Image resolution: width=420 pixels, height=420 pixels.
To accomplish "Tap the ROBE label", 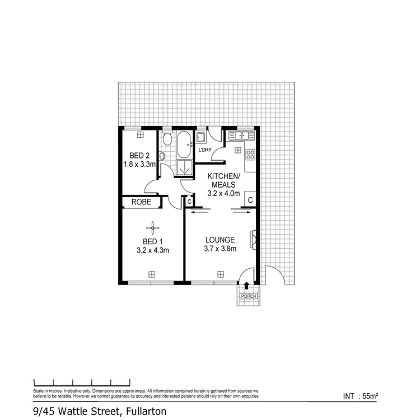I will pos(141,202).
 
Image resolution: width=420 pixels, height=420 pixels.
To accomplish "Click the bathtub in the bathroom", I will pos(184,144).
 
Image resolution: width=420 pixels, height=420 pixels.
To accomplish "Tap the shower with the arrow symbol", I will pos(184,167).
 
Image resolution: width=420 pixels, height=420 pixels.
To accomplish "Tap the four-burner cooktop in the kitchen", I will pos(250,155).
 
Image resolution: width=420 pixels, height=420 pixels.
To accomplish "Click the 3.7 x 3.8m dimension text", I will pos(219,249).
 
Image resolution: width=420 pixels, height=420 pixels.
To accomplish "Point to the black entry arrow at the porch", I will pos(246,285).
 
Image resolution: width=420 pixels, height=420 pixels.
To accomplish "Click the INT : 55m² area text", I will pos(361,396).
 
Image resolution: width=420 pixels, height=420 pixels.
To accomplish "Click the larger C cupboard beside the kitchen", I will pos(250,200).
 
